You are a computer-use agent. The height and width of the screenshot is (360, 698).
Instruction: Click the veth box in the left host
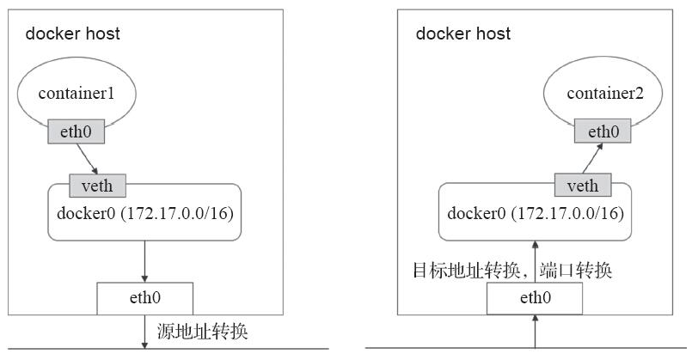pyautogui.click(x=97, y=184)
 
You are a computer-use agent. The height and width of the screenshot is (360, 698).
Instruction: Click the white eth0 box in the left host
pyautogui.click(x=144, y=298)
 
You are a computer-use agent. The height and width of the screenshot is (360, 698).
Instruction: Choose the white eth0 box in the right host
pyautogui.click(x=535, y=299)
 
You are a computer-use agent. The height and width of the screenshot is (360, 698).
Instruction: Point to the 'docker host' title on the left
pyautogui.click(x=72, y=34)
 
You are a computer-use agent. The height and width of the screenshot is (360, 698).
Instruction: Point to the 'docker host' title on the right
pyautogui.click(x=463, y=34)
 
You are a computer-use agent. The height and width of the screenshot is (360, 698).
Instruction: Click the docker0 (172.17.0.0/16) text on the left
pyautogui.click(x=143, y=211)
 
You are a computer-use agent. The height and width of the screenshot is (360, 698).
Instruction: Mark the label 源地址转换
pyautogui.click(x=204, y=329)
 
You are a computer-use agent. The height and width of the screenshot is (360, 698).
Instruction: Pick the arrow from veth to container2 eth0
pyautogui.click(x=591, y=158)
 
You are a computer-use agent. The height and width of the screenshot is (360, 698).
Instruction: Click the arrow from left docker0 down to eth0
pyautogui.click(x=144, y=259)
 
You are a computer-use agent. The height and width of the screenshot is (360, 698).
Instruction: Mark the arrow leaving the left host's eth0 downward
pyautogui.click(x=144, y=332)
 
